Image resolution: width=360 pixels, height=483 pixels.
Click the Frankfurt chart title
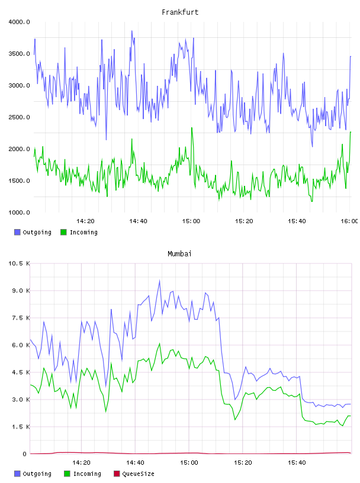(x=180, y=12)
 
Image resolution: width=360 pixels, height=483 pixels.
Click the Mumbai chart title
(x=179, y=254)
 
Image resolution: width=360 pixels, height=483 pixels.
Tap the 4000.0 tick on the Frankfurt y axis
(x=19, y=22)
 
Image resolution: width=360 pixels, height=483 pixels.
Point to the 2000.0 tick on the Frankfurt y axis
(x=19, y=149)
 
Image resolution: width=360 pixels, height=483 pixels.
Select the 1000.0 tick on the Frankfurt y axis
(x=19, y=212)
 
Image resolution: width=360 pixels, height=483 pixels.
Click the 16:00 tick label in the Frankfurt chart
(x=349, y=221)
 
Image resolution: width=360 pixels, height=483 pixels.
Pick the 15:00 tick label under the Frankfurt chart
(x=191, y=221)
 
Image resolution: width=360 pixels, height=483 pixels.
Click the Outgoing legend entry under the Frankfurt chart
(x=33, y=232)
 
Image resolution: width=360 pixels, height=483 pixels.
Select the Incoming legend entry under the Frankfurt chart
(x=79, y=232)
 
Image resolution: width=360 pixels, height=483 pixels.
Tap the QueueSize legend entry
(x=134, y=474)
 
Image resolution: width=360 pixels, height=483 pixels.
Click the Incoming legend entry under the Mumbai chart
(x=83, y=474)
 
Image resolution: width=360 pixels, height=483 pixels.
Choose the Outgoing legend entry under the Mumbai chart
(x=33, y=474)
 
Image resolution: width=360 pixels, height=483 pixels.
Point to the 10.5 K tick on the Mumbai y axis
(x=19, y=263)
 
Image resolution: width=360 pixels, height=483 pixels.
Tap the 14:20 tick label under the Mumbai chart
(x=81, y=463)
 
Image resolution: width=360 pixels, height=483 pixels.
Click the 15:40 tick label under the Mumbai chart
(x=297, y=463)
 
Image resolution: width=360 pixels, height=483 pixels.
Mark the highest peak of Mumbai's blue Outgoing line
(x=160, y=280)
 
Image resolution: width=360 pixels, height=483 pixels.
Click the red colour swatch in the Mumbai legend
(x=117, y=474)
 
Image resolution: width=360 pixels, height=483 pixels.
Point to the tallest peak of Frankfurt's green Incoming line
(x=192, y=127)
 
